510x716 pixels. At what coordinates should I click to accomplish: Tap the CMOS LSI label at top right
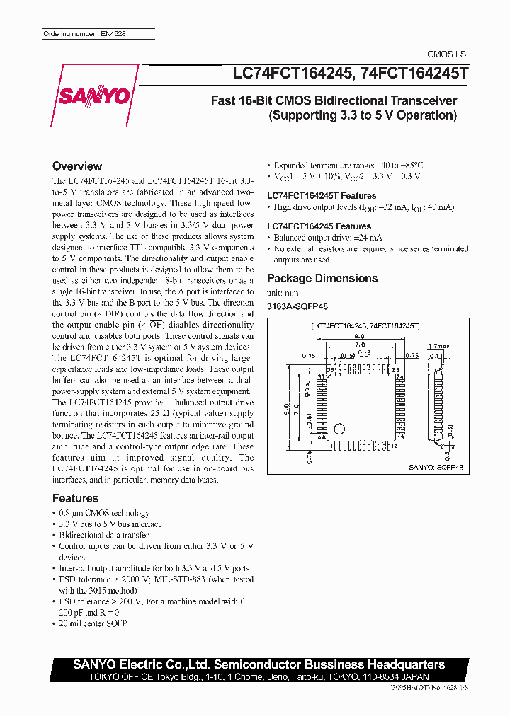(x=448, y=54)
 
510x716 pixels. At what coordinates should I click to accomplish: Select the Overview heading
(x=77, y=166)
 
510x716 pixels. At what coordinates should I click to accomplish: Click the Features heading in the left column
(x=75, y=498)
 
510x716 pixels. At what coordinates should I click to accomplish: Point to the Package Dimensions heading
(x=322, y=278)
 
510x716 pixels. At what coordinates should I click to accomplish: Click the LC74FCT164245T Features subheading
(x=322, y=196)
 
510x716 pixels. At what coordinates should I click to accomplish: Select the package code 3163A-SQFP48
(x=297, y=306)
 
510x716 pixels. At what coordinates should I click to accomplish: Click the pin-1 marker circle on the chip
(x=340, y=429)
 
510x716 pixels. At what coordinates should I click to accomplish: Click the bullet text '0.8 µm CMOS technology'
(x=104, y=513)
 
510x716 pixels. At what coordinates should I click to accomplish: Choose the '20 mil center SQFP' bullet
(x=93, y=623)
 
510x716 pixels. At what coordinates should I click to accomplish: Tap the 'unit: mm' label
(x=283, y=292)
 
